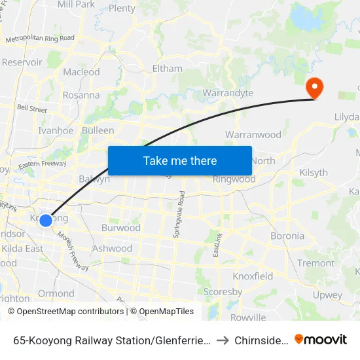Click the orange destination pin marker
[314, 88]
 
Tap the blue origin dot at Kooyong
[46, 221]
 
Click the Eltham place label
[167, 68]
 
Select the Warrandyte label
[228, 93]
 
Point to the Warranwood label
[253, 135]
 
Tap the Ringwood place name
[234, 179]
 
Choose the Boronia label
[287, 236]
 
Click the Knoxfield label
[253, 276]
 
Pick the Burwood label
[120, 228]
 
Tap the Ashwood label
[112, 249]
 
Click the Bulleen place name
[98, 131]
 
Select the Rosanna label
[81, 96]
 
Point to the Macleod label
[81, 72]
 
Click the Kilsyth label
[313, 172]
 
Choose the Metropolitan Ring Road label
[40, 40]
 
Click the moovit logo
[321, 339]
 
